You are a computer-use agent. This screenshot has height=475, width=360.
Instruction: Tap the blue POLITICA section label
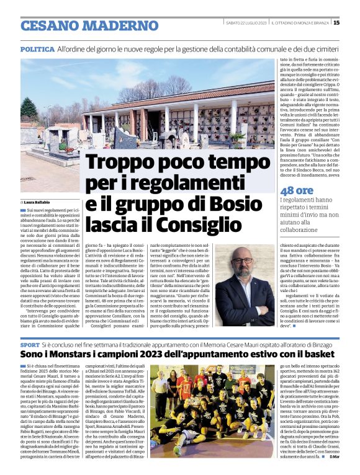point(37,49)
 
